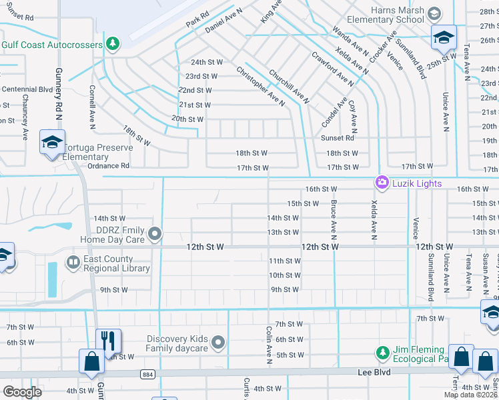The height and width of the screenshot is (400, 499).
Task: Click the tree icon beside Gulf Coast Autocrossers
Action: (x=113, y=45)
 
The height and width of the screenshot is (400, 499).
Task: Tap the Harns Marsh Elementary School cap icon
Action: (x=434, y=14)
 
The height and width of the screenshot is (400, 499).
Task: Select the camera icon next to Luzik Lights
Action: (x=382, y=181)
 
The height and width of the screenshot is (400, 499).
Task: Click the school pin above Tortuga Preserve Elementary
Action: (x=51, y=142)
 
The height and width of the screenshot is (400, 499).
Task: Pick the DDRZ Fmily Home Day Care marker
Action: (x=155, y=233)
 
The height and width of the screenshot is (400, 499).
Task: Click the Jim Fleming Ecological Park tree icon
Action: (x=382, y=352)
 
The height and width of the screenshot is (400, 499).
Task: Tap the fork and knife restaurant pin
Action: (x=107, y=340)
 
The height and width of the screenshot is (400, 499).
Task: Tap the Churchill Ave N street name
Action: (x=289, y=87)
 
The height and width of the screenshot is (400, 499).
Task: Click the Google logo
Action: (x=22, y=391)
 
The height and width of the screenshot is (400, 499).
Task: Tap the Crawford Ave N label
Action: (x=332, y=67)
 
